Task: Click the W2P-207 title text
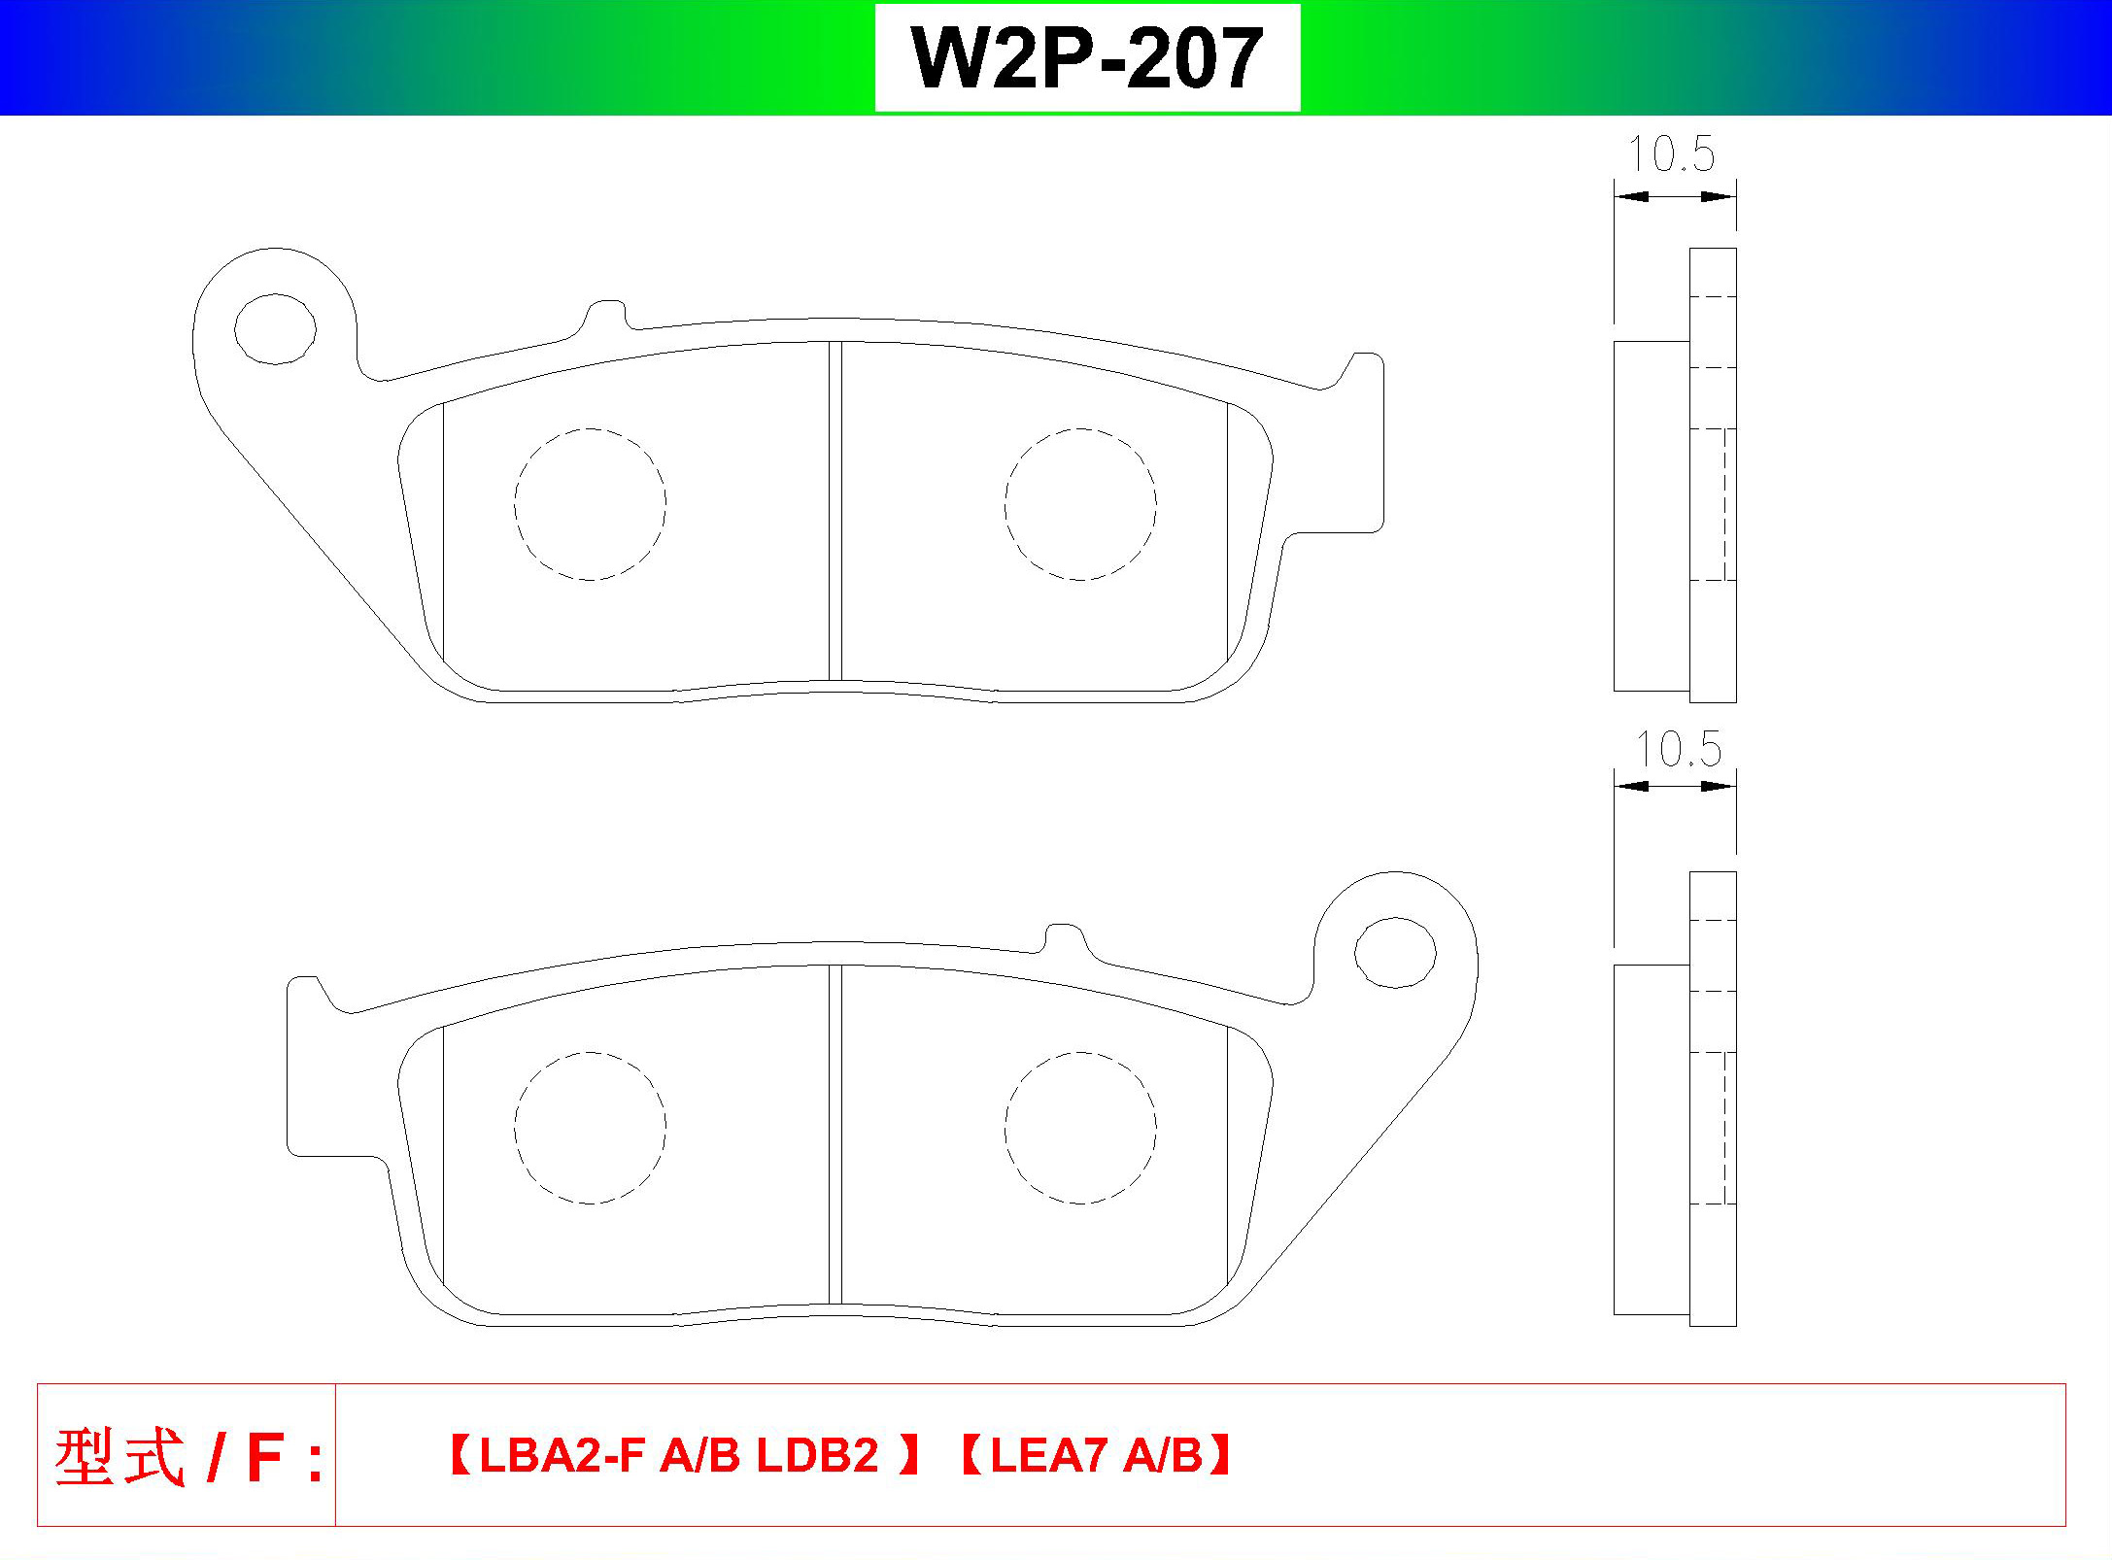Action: click(1087, 58)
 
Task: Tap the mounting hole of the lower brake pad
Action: click(1395, 953)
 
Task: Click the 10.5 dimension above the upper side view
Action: click(1672, 153)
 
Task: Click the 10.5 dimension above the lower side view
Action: click(1678, 748)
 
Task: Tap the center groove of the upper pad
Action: click(835, 511)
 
